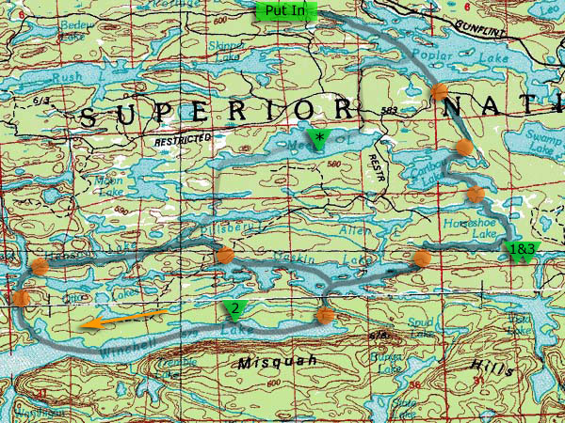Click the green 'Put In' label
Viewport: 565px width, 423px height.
[287, 10]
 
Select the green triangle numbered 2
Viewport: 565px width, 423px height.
[231, 309]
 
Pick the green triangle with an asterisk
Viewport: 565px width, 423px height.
[319, 141]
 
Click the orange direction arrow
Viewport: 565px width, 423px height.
[123, 320]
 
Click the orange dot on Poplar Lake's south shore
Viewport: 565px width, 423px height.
[439, 92]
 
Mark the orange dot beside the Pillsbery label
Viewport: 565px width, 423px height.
[224, 256]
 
